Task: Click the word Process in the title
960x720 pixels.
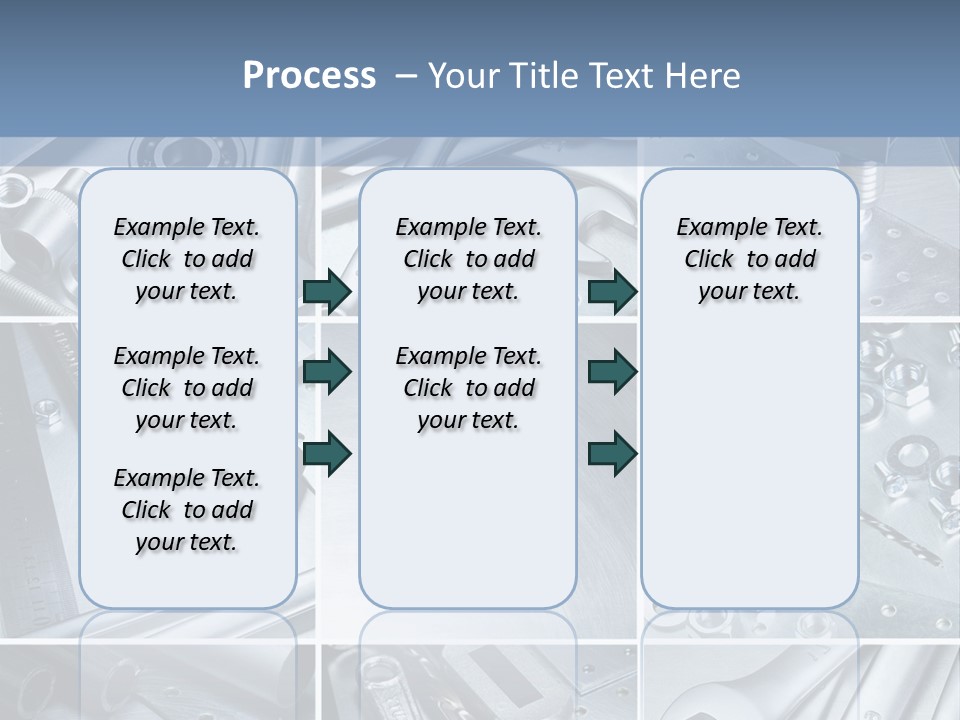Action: [309, 76]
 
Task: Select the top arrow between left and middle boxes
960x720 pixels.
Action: [327, 292]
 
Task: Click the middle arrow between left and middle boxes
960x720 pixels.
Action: [327, 373]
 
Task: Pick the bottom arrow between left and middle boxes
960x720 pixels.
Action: [327, 453]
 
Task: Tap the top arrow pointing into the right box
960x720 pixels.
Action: [612, 292]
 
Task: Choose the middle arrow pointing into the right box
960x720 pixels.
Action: [612, 373]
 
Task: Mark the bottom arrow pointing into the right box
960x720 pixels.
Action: [612, 453]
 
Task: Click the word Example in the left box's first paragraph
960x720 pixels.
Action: [151, 228]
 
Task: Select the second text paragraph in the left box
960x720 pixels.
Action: [186, 388]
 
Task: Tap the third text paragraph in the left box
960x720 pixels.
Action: [186, 510]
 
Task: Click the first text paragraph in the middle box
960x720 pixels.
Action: [468, 259]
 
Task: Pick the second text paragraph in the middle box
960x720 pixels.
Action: [468, 388]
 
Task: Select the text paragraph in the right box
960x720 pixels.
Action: [749, 259]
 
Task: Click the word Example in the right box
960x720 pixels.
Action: [714, 228]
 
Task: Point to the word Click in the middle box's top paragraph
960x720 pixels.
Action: [428, 260]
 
